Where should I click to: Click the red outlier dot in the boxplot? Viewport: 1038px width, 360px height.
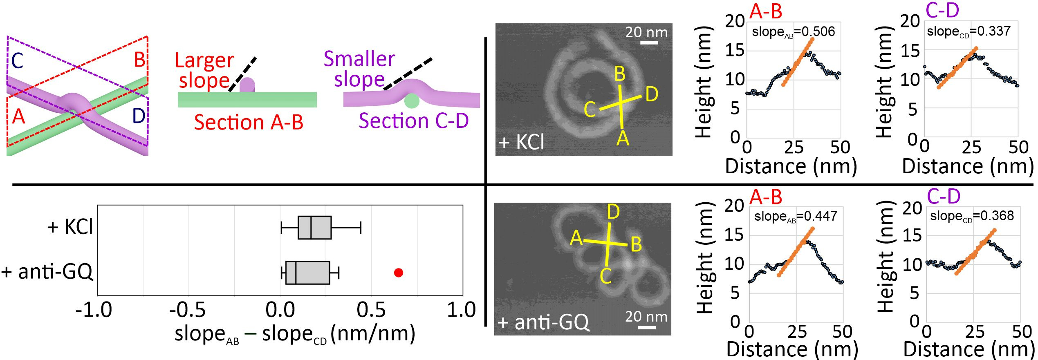tap(398, 273)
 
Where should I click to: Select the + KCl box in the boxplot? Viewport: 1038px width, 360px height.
tap(314, 228)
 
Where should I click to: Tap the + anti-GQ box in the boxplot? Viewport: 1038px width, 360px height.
tap(307, 273)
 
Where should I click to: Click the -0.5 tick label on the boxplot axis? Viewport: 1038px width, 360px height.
tap(188, 310)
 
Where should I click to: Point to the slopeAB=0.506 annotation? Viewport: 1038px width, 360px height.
tap(793, 32)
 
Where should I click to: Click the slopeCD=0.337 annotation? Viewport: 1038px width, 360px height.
tap(968, 31)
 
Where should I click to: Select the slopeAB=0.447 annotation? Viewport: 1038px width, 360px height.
tap(796, 216)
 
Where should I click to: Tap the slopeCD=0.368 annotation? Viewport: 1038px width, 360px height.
tap(971, 216)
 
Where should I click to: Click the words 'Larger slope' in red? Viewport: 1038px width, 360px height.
tap(204, 70)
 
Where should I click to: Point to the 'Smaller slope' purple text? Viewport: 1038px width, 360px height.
tap(359, 69)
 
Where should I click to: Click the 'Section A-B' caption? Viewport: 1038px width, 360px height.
tap(249, 122)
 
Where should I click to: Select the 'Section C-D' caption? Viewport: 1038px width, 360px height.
tap(413, 121)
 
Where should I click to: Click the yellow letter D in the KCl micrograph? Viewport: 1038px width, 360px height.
tap(652, 94)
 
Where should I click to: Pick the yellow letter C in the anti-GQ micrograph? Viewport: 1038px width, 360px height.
tap(605, 276)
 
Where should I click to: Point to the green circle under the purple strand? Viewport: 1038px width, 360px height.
tap(411, 101)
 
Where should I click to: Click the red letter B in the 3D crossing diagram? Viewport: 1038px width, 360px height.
tap(139, 60)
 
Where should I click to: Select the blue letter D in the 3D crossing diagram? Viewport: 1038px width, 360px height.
tap(139, 116)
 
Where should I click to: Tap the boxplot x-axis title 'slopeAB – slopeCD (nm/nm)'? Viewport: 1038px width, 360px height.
tap(295, 334)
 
